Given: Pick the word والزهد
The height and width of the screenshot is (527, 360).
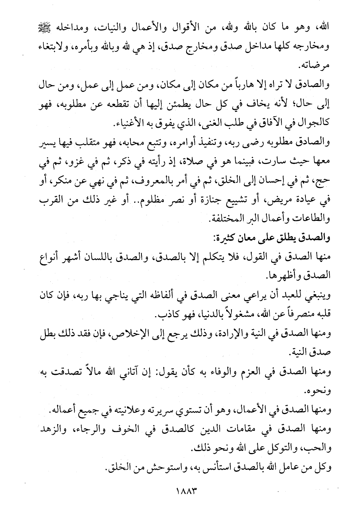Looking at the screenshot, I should tap(50, 430).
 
